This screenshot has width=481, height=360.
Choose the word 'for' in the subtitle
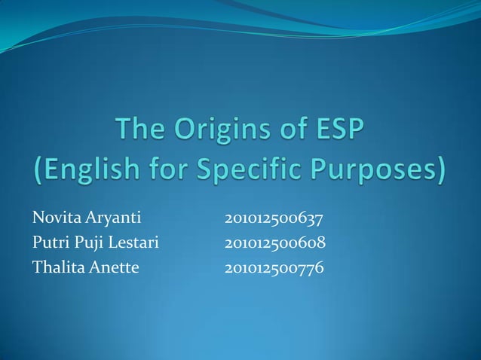coord(171,172)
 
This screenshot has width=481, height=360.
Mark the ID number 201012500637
coord(274,220)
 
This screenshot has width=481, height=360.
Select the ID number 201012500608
coord(274,243)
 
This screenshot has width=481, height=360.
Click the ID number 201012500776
coord(274,267)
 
